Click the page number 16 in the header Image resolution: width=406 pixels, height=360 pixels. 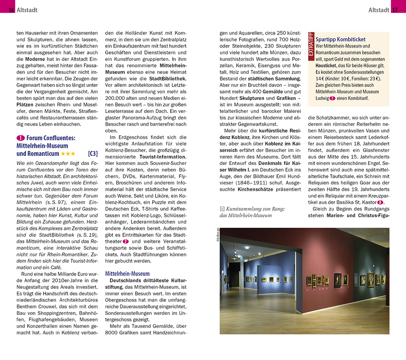[x=11, y=10]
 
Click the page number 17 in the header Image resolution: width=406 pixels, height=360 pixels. [x=395, y=10]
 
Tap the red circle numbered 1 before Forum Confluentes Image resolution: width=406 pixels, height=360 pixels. [x=20, y=138]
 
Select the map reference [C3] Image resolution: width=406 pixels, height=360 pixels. [x=93, y=154]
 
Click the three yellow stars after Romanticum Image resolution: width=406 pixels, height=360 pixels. [x=68, y=154]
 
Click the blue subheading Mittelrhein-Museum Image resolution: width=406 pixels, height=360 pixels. [x=127, y=273]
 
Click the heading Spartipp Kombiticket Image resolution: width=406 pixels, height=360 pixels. [x=340, y=39]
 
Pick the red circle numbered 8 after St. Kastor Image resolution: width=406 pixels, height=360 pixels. [x=380, y=202]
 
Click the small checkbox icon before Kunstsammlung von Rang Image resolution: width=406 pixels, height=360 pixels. [x=222, y=208]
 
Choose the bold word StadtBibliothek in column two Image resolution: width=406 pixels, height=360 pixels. [x=168, y=78]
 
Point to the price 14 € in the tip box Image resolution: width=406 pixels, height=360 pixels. [x=320, y=79]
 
